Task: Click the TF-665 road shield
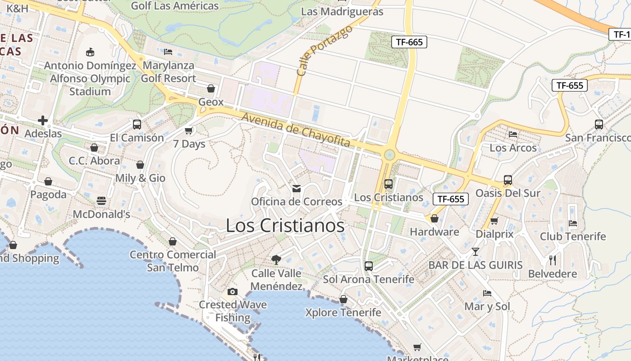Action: coord(409,42)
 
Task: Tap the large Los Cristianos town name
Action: coord(285,225)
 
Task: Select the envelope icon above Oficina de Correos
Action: coord(297,188)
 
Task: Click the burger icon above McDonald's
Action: coord(101,201)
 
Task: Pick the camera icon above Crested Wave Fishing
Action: coord(233,292)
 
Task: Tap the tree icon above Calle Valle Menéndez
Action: coord(276,259)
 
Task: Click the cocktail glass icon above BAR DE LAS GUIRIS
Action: coord(476,252)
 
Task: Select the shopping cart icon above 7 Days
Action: coord(189,131)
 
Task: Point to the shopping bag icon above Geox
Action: coord(210,88)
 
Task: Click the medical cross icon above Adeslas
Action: coord(43,120)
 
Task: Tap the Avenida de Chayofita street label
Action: coord(296,130)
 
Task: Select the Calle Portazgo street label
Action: coord(324,50)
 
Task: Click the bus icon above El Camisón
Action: coord(137,124)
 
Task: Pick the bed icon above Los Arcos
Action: coord(513,134)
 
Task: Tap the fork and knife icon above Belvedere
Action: coord(553,260)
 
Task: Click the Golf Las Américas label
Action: coord(175,6)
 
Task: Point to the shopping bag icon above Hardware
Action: coord(434,218)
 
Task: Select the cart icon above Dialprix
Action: coord(494,221)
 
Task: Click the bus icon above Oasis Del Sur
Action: coord(508,180)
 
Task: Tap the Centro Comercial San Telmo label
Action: coord(173,261)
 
